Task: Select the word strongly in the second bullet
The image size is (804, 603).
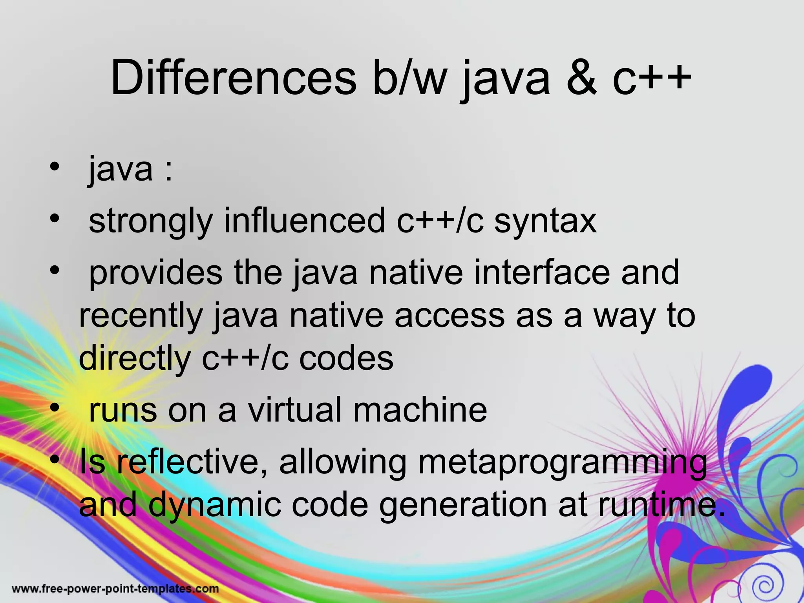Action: click(151, 222)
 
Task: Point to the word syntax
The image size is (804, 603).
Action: click(545, 222)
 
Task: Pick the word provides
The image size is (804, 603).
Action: click(156, 273)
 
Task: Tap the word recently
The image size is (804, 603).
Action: click(141, 316)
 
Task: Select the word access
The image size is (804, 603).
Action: click(450, 316)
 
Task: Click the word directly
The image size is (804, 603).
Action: click(135, 359)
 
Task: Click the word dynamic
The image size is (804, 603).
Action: click(215, 506)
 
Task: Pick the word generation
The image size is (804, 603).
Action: click(463, 506)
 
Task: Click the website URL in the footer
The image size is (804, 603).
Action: click(115, 589)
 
